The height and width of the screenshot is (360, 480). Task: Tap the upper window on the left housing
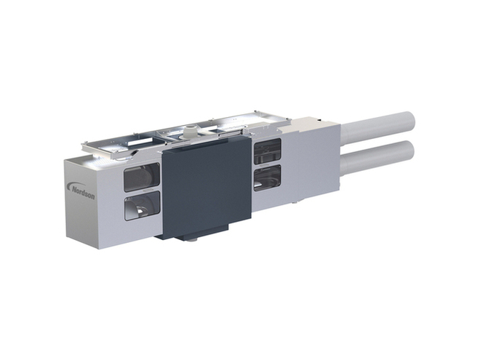click(142, 177)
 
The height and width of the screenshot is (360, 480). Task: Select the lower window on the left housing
click(142, 206)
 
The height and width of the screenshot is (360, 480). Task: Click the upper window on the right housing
click(267, 151)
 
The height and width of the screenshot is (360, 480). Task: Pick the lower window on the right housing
click(267, 177)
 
